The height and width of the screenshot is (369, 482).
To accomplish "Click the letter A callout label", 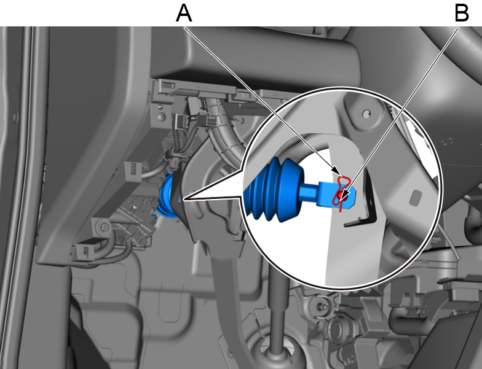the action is point(184,14).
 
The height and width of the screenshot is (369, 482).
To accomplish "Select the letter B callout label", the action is point(462,14).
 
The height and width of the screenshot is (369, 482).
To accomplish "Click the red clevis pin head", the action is point(340,195).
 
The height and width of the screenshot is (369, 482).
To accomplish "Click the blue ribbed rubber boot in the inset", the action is point(273,190).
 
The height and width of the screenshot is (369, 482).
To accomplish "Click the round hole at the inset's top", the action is point(366,114).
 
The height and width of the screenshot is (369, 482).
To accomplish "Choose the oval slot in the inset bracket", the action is point(415,198).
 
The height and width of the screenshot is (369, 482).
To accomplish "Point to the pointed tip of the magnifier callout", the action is point(183,200).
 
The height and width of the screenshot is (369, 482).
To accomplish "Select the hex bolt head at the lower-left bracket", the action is point(102,227).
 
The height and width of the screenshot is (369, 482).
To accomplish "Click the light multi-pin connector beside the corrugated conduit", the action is point(183,122).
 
